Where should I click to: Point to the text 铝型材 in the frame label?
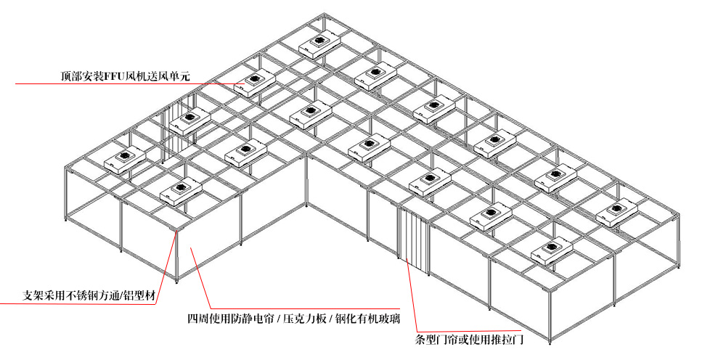142,296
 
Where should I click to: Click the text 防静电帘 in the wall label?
251,318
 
